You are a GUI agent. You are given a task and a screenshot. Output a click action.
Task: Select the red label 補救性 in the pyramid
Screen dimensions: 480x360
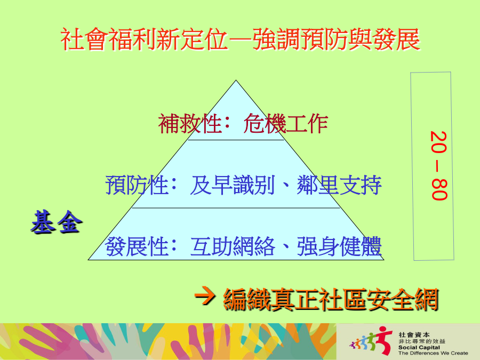click(190, 124)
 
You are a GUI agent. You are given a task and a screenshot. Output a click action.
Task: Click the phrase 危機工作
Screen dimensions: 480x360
click(286, 124)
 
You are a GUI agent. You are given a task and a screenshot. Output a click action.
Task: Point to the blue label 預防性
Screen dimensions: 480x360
click(137, 185)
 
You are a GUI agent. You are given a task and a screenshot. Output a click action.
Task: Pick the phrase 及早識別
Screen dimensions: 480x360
click(233, 185)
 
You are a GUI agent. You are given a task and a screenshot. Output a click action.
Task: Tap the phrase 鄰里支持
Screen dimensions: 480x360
click(339, 185)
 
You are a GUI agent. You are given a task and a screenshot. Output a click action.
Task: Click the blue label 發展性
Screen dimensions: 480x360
click(137, 246)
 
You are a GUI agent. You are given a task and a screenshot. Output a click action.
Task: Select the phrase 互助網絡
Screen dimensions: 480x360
click(233, 246)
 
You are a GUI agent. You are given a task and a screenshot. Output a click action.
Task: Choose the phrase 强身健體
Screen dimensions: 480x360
click(339, 246)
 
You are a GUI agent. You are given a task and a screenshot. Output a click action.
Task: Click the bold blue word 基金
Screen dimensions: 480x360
click(57, 222)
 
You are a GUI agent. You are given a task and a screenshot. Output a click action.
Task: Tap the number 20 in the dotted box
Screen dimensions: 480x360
click(439, 142)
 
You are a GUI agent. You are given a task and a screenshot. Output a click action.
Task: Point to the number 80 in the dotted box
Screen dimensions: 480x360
click(439, 190)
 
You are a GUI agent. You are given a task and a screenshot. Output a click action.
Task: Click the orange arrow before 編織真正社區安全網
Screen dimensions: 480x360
click(205, 295)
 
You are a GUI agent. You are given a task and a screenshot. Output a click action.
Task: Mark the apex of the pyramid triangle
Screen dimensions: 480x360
click(236, 81)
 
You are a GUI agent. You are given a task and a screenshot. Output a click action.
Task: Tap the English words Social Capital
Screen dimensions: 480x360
click(419, 347)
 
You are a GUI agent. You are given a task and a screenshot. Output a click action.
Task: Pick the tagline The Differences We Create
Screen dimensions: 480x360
click(433, 353)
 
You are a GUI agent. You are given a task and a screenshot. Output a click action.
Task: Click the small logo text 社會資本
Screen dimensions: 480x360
click(414, 335)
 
